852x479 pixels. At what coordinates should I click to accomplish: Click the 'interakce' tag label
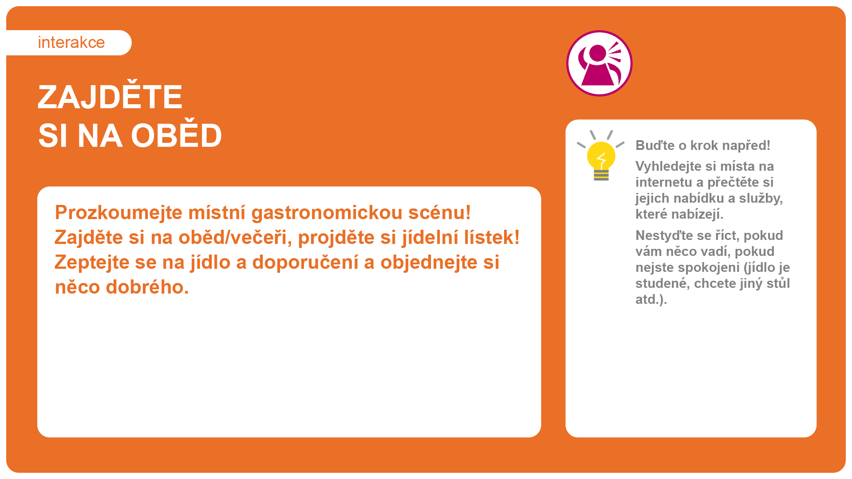71,43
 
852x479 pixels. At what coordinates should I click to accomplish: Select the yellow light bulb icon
601,156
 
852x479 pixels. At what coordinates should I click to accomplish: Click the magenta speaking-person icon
599,63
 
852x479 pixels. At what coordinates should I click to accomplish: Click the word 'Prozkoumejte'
118,213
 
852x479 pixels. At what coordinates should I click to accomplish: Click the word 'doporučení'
305,263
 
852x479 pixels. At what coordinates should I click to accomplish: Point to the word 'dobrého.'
147,287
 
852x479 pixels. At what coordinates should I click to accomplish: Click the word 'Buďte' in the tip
655,145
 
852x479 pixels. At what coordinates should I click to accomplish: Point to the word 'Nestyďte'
661,236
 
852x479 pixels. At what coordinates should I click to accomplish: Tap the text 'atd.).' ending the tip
651,299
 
